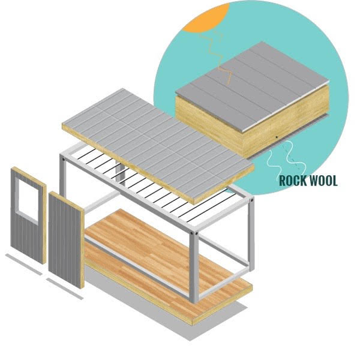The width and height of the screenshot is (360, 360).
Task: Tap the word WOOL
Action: click(x=324, y=180)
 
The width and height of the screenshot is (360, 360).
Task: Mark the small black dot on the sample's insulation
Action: click(x=274, y=139)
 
